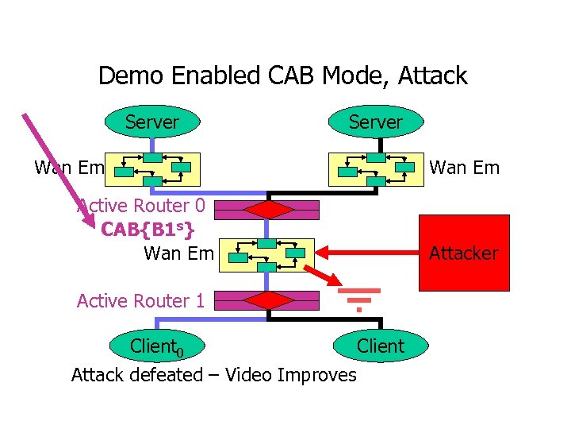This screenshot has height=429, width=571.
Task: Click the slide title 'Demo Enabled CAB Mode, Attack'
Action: [282, 76]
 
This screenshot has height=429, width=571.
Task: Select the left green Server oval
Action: [151, 122]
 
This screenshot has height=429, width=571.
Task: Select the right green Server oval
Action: [376, 122]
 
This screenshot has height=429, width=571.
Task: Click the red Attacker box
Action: [464, 253]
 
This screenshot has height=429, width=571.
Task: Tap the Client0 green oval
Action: [157, 346]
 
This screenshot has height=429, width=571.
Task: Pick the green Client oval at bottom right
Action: [381, 346]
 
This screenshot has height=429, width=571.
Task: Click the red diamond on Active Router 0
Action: [269, 210]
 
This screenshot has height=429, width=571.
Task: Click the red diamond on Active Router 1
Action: [269, 300]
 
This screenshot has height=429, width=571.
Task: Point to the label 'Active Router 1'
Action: [141, 300]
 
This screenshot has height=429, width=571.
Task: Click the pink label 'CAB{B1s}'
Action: [148, 230]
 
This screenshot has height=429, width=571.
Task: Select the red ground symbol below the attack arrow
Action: [358, 298]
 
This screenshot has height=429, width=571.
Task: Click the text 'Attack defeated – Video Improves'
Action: [214, 374]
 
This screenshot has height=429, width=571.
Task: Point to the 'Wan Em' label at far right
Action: [464, 168]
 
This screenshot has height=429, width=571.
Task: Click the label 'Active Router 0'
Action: [141, 206]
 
